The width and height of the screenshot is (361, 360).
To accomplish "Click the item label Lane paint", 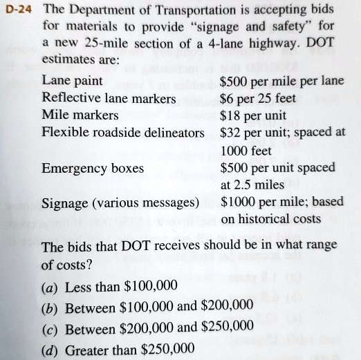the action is pyautogui.click(x=73, y=81).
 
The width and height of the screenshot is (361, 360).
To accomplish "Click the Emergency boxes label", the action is pyautogui.click(x=93, y=168).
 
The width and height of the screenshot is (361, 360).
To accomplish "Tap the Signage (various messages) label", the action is pyautogui.click(x=120, y=202).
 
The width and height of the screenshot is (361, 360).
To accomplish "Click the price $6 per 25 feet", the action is pyautogui.click(x=259, y=97).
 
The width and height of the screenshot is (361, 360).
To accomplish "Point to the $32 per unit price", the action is pyautogui.click(x=255, y=131).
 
